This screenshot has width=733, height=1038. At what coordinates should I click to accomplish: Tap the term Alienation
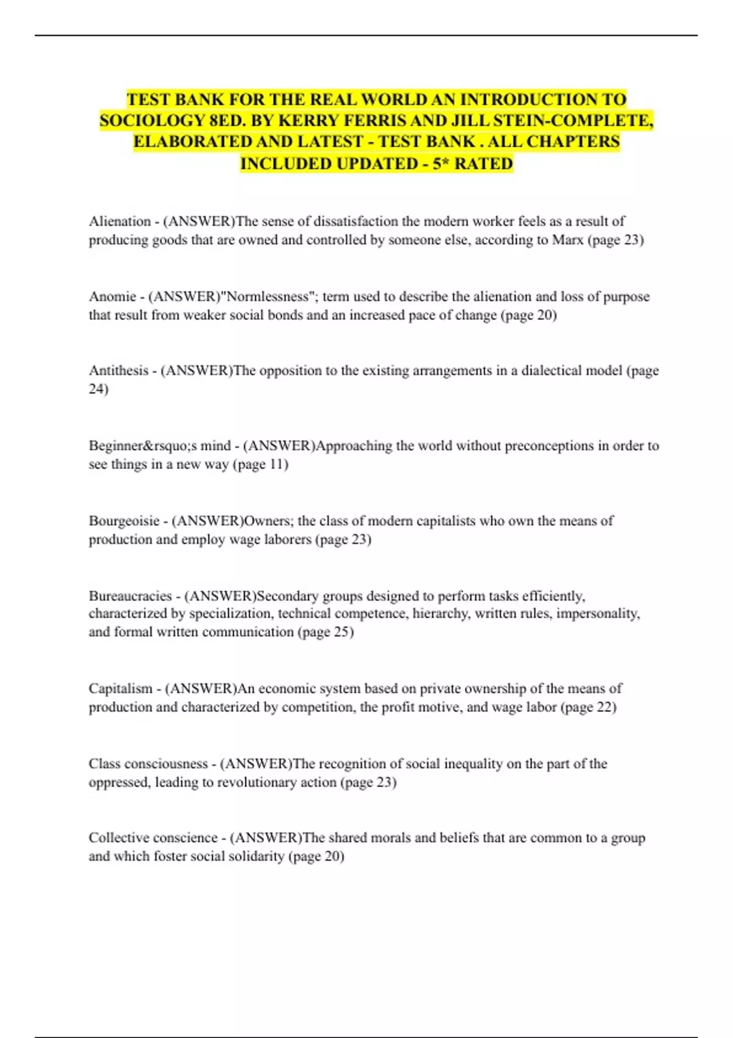(x=120, y=221)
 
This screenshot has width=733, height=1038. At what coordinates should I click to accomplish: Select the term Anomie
(x=112, y=297)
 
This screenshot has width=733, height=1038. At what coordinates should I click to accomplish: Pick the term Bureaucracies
(x=130, y=596)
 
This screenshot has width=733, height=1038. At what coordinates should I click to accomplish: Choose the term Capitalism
(x=120, y=689)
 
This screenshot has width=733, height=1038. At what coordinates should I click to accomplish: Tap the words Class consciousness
(x=148, y=764)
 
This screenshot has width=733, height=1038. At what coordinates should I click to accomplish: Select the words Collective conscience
(x=153, y=838)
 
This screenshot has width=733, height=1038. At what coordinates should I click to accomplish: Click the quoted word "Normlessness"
(x=268, y=297)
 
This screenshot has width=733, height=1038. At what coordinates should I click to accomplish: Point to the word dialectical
(x=550, y=371)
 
